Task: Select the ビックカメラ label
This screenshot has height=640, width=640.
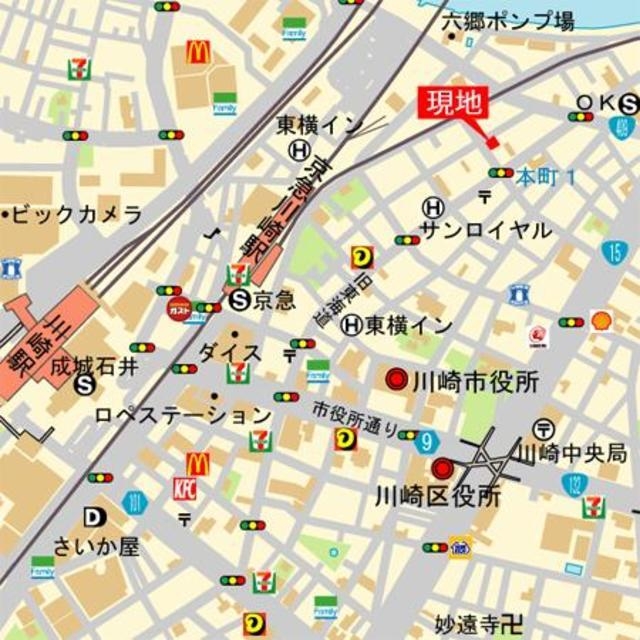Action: pyautogui.click(x=76, y=215)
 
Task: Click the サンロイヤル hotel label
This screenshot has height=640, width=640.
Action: pyautogui.click(x=485, y=230)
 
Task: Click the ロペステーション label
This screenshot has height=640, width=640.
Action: pyautogui.click(x=183, y=414)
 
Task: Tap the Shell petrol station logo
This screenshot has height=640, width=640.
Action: pyautogui.click(x=601, y=320)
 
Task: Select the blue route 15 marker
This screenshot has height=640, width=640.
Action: pyautogui.click(x=614, y=252)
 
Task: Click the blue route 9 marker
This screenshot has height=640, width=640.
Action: pyautogui.click(x=428, y=440)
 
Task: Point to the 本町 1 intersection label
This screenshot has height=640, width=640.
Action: pyautogui.click(x=546, y=176)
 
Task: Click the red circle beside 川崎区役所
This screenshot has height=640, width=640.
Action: pyautogui.click(x=441, y=468)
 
